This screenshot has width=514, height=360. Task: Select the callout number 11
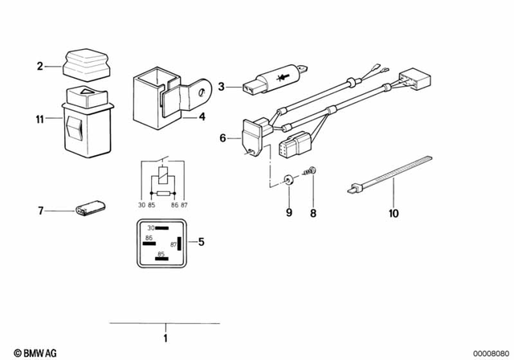click(39, 120)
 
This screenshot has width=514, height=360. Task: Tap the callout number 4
click(203, 117)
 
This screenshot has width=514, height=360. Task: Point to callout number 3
click(222, 84)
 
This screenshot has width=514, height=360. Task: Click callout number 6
click(222, 138)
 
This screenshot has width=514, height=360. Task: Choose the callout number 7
click(39, 211)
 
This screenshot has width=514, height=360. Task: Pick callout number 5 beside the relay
click(202, 241)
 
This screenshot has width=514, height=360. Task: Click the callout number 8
click(313, 214)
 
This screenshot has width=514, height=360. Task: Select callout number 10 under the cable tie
click(394, 214)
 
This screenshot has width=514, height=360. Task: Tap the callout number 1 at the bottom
click(165, 338)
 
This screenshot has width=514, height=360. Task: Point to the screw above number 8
click(312, 171)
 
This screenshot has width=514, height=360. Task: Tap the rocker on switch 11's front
click(73, 129)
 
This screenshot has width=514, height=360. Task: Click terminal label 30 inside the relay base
click(149, 229)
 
